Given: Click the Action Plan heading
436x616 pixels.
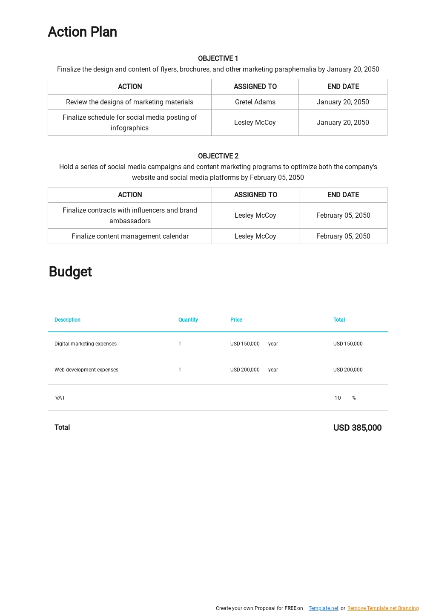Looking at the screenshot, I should pos(82,32).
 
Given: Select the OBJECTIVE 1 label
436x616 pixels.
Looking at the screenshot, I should pos(218,58).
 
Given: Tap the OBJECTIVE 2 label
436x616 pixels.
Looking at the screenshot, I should pos(218,156).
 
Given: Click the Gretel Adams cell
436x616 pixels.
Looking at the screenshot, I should pos(255,102).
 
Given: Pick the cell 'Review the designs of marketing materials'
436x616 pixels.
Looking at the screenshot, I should pos(129,102).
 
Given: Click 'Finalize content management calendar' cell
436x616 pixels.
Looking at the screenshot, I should pos(130,236).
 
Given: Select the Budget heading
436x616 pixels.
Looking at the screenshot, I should pos(70,272).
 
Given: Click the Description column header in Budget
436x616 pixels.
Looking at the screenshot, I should pos(67,320).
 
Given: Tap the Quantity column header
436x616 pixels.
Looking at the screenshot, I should pos(188,320).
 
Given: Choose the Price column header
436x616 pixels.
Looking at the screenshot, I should pos(236,320).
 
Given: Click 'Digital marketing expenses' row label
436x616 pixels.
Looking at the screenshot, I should pos(85,344).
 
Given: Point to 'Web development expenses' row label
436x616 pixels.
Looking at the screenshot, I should pos(86,370).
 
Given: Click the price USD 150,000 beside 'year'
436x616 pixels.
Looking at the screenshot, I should pos(245,344).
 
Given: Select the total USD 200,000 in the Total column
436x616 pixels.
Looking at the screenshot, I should pos(348,370).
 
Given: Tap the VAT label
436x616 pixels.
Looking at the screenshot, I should pos(60,398).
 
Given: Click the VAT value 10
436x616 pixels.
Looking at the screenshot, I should pos(338,398).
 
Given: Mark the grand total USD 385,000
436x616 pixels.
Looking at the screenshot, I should pos(357,428).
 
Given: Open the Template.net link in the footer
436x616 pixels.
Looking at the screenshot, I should pos(323,608).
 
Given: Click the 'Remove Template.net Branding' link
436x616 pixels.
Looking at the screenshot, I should pos(383,608).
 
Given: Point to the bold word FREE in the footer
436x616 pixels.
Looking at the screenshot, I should pos(290,608).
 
